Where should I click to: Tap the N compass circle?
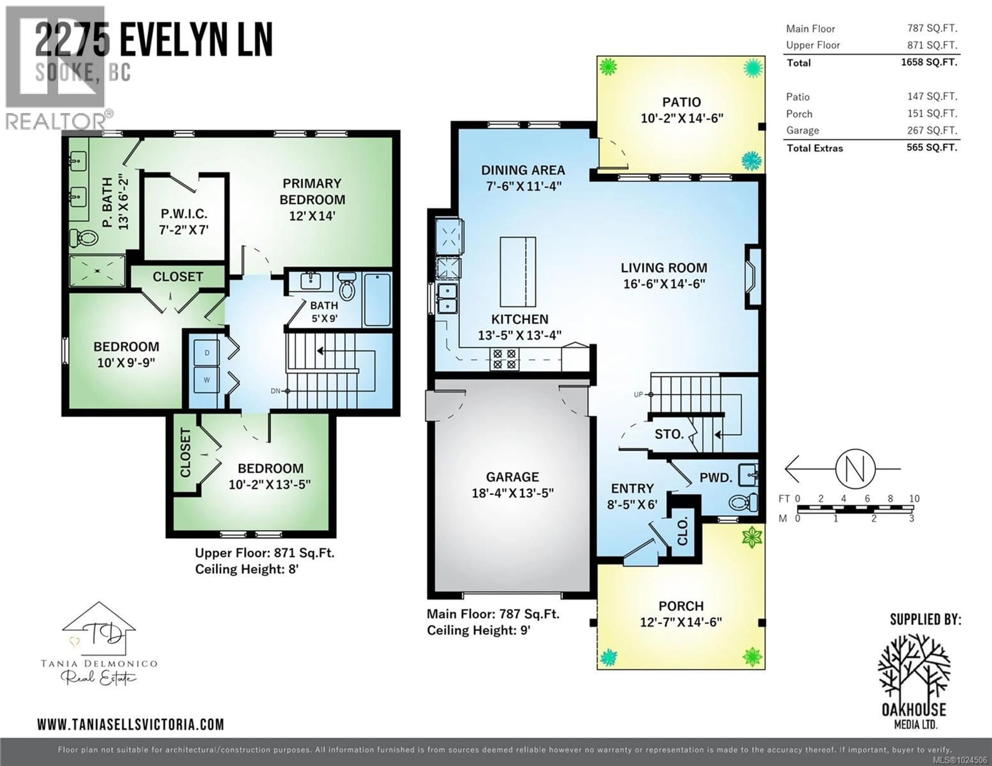(855, 469)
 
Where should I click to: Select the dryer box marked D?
(207, 353)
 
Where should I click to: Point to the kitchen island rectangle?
(518, 272)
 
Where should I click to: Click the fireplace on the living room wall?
(752, 277)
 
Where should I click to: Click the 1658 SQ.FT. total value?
(929, 62)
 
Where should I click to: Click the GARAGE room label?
(512, 477)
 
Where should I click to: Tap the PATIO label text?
(681, 102)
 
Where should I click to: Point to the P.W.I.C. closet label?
(184, 214)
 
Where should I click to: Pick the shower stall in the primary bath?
(97, 271)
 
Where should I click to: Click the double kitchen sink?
(447, 298)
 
